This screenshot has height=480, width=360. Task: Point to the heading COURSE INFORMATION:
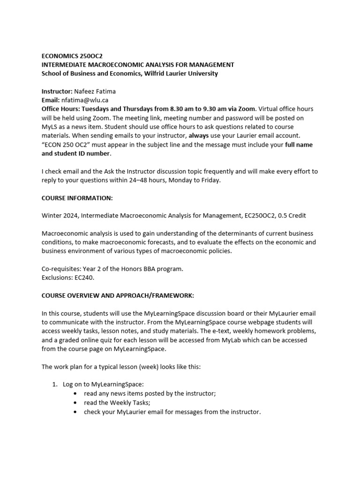(x=77, y=198)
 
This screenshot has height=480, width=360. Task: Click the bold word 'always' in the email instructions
(x=198, y=135)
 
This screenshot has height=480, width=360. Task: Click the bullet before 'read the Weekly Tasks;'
(x=76, y=403)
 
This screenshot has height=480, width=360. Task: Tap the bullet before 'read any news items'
(x=76, y=394)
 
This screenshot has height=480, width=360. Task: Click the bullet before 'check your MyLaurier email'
(x=76, y=412)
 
